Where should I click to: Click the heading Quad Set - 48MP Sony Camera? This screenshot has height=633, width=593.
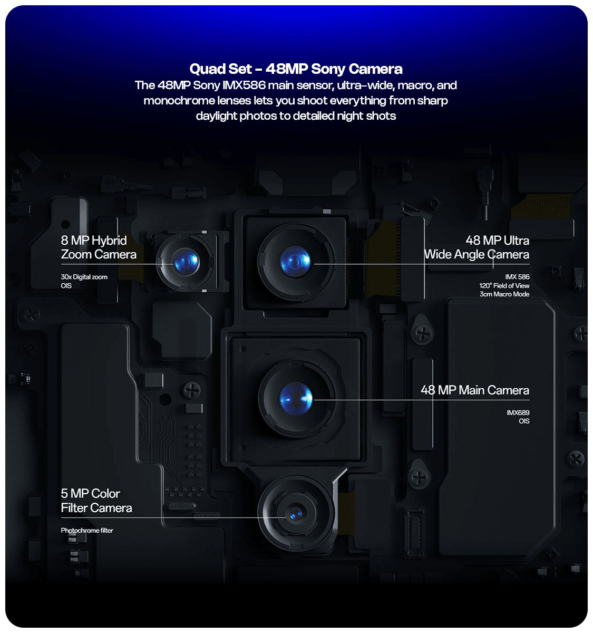(296, 69)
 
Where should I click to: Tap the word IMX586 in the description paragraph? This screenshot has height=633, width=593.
(244, 85)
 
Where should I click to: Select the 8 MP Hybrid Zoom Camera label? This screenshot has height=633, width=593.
(98, 247)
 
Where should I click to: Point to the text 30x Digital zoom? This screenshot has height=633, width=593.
(84, 277)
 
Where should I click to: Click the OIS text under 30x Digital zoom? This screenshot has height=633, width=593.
(66, 286)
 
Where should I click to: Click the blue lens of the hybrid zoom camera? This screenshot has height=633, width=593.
(186, 262)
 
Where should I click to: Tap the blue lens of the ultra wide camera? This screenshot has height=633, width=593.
(295, 262)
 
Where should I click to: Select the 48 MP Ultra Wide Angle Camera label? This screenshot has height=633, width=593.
(477, 247)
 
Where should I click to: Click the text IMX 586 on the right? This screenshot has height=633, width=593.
(517, 277)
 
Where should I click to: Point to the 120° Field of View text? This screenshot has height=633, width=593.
(504, 286)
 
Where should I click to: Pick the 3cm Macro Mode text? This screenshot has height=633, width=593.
(504, 294)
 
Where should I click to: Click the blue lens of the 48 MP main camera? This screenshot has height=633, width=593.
(296, 398)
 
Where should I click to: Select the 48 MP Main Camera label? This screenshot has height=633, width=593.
(474, 390)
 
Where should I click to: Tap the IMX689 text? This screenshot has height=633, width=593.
(518, 413)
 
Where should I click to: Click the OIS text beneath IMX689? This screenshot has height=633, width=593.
(524, 421)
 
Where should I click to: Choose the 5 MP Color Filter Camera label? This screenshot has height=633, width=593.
(96, 501)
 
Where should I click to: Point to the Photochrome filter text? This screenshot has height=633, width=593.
(87, 531)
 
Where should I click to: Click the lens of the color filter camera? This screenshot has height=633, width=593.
(295, 513)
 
